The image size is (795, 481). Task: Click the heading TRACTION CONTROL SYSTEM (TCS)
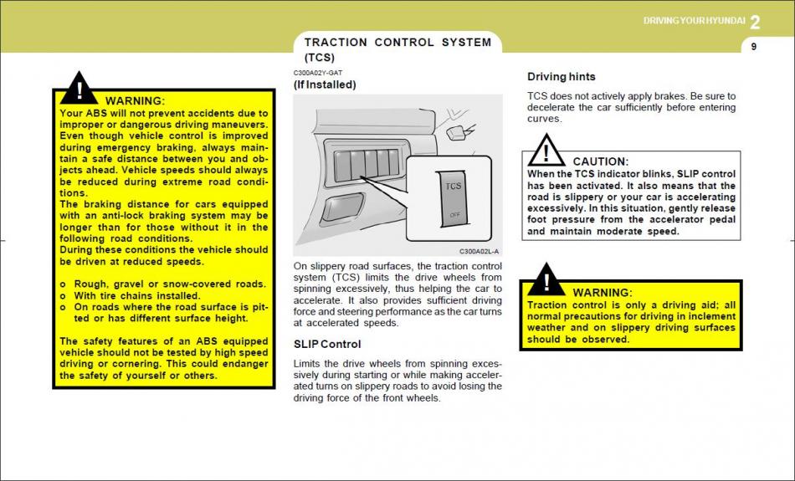point(397,49)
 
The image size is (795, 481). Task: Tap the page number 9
point(753,47)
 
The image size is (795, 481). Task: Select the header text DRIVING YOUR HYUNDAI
point(694,21)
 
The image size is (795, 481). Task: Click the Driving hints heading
point(562,77)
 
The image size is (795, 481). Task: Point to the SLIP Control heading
point(327,344)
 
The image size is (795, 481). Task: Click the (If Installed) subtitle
point(325,84)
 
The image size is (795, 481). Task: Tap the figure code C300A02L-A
point(479,251)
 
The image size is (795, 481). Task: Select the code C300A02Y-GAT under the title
point(318,73)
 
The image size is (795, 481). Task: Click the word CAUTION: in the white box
point(600,161)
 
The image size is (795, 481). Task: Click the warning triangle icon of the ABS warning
point(79,89)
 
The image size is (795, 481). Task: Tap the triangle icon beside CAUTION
point(546,151)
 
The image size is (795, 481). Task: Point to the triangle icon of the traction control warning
point(546,280)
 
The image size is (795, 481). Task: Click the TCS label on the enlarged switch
point(453,186)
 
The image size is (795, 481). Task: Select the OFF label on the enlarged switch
point(454,215)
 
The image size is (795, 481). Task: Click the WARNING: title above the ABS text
point(135,101)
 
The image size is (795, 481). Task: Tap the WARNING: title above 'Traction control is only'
point(602,293)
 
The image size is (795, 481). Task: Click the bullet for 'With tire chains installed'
point(64,295)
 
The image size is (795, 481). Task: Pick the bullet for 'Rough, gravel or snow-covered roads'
point(64,284)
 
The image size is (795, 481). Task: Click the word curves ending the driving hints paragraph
point(545,119)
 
